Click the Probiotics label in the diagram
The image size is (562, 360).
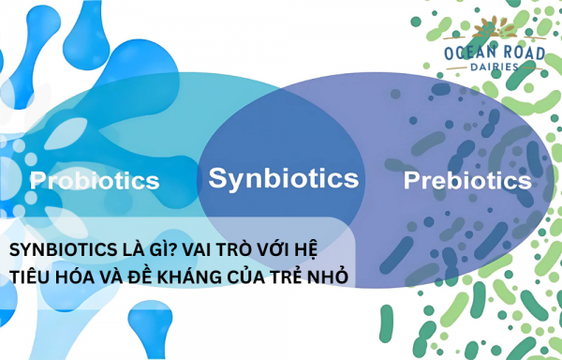click(95, 180)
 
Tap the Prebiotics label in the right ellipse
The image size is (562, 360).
click(466, 180)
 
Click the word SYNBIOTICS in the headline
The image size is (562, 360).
click(58, 250)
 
